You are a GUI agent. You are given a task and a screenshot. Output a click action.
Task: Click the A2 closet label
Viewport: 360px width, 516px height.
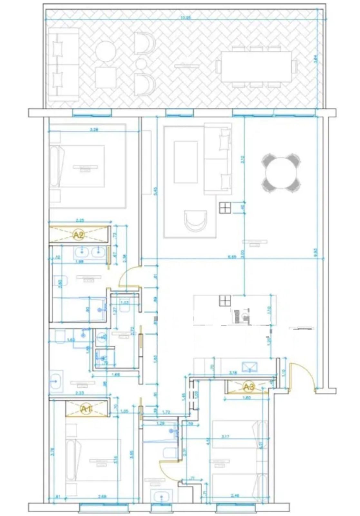pyautogui.click(x=78, y=235)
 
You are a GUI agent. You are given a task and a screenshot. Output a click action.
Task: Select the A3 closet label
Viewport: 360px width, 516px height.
pyautogui.click(x=248, y=386)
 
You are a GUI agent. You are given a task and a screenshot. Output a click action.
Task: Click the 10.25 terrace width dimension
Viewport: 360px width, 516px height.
pyautogui.click(x=186, y=18)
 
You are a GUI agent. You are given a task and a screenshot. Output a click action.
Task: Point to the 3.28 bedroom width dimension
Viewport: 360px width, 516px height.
pyautogui.click(x=94, y=130)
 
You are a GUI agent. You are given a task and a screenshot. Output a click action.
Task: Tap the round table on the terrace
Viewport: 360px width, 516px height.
pyautogui.click(x=105, y=52)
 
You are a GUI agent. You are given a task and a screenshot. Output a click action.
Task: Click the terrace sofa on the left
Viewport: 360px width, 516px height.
pyautogui.click(x=63, y=64)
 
